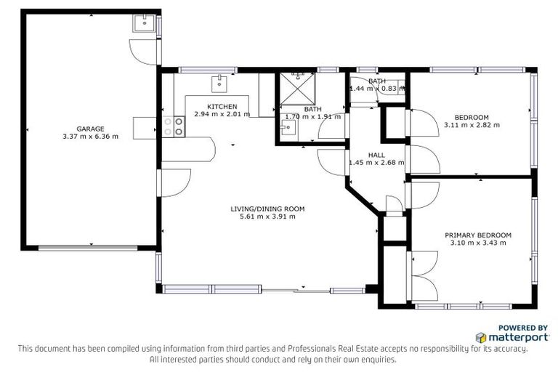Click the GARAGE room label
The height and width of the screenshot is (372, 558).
click(x=91, y=128)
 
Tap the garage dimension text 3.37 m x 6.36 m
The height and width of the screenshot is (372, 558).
click(x=91, y=136)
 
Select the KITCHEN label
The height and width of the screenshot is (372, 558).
click(x=222, y=106)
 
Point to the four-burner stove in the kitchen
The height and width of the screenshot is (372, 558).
click(x=174, y=127)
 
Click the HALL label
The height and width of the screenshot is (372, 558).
click(x=376, y=155)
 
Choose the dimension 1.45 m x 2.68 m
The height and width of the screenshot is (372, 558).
click(x=376, y=163)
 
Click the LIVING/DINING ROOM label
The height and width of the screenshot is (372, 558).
click(x=267, y=209)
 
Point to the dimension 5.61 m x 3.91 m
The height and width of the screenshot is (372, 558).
click(x=267, y=217)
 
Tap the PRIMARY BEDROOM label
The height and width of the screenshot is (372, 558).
click(x=478, y=235)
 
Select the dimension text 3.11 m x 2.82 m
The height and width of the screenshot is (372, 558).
click(x=472, y=125)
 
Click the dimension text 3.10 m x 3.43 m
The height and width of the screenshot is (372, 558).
click(x=478, y=243)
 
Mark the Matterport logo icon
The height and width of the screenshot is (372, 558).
click(x=481, y=337)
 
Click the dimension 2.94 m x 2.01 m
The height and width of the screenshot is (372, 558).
click(x=222, y=114)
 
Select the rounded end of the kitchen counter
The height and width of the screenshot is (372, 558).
click(x=210, y=150)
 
